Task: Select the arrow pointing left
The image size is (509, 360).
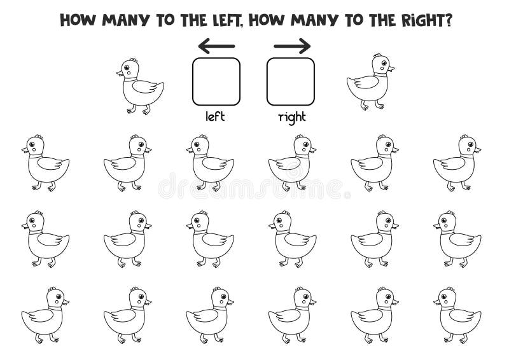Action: (216, 46)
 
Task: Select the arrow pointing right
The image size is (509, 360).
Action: (292, 46)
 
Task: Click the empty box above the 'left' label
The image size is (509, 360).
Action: (216, 81)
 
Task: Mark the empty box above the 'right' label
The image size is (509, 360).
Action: (291, 81)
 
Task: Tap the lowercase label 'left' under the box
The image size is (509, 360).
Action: (215, 116)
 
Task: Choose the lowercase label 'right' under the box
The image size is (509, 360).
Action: (292, 117)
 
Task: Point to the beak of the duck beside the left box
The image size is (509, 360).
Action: (120, 73)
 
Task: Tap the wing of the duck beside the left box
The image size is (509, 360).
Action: (144, 87)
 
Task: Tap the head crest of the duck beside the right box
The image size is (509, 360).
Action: (378, 55)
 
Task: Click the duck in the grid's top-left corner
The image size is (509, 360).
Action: (45, 163)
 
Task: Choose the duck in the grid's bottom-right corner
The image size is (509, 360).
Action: (457, 315)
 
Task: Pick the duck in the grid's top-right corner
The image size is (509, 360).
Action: (457, 163)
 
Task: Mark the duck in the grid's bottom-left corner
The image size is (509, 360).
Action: (45, 315)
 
